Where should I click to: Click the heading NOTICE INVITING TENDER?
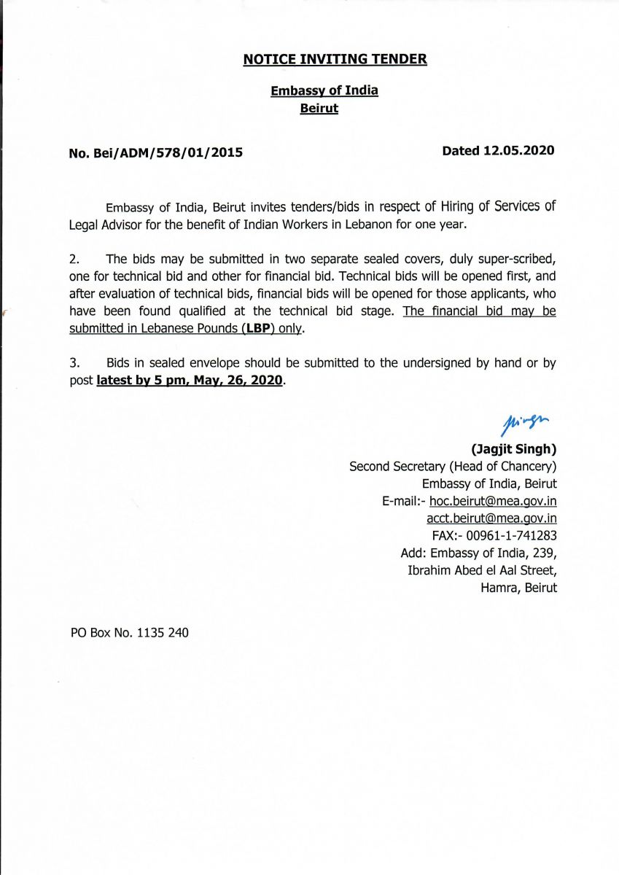tap(335, 59)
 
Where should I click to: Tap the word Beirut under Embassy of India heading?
tap(319, 109)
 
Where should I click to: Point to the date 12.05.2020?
tap(518, 151)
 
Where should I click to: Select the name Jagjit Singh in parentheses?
tap(508, 448)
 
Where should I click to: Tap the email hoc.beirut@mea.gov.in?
tap(494, 501)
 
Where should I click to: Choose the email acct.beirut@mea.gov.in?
tap(491, 518)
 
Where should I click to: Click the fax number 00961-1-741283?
tap(511, 535)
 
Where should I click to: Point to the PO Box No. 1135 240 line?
tap(129, 633)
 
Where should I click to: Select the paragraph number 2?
tap(74, 259)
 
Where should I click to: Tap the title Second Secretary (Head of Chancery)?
tap(453, 466)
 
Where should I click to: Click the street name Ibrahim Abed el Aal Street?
tap(482, 570)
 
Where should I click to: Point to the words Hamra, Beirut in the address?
tap(518, 587)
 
